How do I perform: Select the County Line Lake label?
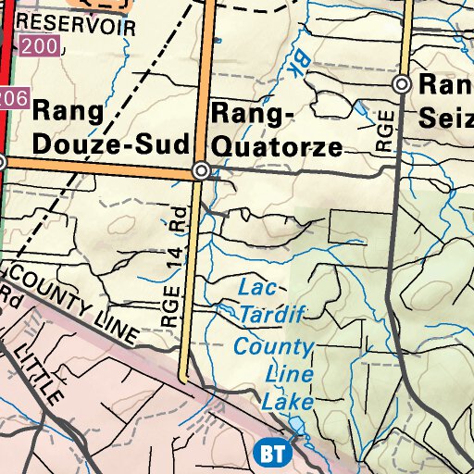274,375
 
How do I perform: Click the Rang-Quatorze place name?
276,130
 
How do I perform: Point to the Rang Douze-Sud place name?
110,127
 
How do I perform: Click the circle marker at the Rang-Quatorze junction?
201,171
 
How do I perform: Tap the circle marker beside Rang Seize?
402,84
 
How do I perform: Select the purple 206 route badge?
11,96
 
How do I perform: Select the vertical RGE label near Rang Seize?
386,131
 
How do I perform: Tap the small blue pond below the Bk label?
360,108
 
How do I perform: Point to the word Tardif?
272,315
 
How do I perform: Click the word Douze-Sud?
110,143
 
